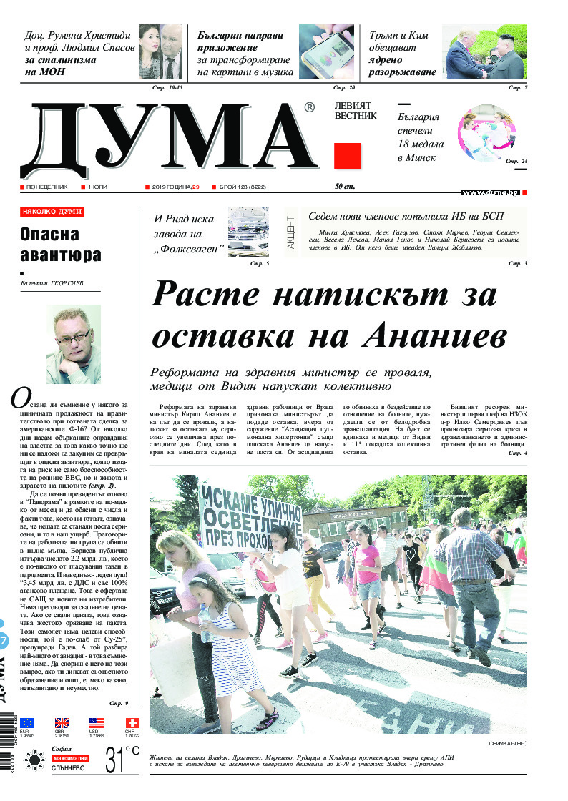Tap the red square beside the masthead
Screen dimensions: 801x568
click(x=347, y=156)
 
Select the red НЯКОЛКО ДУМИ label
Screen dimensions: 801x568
click(x=52, y=212)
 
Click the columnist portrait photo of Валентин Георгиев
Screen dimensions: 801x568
click(x=68, y=344)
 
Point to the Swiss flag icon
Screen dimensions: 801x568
click(x=132, y=723)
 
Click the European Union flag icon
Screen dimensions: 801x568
click(x=27, y=723)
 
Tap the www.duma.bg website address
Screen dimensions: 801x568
click(x=490, y=192)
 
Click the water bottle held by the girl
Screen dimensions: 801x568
click(x=205, y=623)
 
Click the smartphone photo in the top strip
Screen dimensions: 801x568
click(x=326, y=53)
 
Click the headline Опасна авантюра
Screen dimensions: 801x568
click(x=61, y=245)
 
